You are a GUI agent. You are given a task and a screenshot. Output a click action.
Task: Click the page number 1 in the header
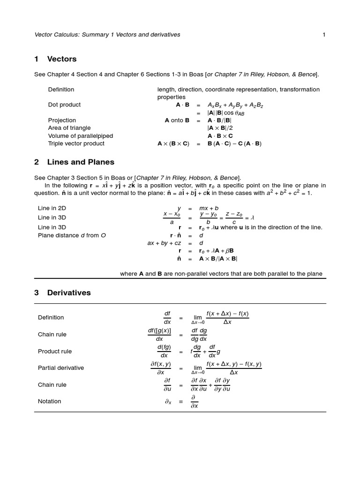click(324, 35)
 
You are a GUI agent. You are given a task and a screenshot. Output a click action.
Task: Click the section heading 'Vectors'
click(62, 59)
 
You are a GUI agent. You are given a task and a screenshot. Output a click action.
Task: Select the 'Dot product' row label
click(64, 105)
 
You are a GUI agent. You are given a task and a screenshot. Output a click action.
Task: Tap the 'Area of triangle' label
click(69, 128)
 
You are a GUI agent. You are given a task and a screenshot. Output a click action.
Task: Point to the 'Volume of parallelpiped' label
click(80, 136)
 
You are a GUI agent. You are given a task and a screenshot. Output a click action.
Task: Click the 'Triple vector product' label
click(76, 143)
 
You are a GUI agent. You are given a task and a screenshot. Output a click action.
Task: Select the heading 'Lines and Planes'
click(81, 162)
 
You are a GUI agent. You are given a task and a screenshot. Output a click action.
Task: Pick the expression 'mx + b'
click(209, 208)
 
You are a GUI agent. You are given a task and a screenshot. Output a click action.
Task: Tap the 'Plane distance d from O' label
click(72, 235)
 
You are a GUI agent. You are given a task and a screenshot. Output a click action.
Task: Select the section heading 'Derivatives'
click(69, 292)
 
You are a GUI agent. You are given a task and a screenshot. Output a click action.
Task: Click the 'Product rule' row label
click(55, 351)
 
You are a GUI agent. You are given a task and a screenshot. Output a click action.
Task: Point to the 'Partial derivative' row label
click(61, 368)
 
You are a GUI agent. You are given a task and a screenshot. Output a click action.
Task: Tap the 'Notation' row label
click(50, 401)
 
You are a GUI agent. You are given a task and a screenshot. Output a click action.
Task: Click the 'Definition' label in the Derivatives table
click(51, 317)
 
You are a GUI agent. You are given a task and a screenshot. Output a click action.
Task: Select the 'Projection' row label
click(62, 120)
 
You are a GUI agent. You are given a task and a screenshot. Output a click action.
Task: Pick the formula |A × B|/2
click(220, 128)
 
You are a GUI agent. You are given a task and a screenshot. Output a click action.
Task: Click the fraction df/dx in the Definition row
click(167, 317)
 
